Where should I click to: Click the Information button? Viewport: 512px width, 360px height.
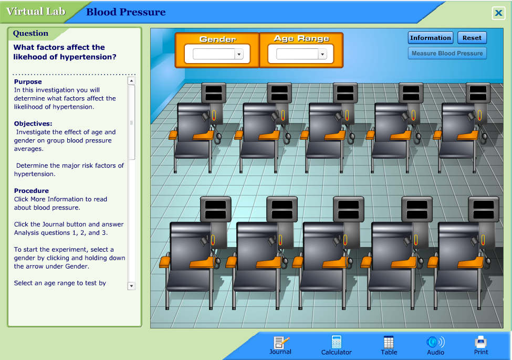click(x=431, y=38)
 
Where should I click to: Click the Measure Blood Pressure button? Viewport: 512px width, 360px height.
click(x=447, y=53)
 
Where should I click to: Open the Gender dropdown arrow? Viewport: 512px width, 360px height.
click(x=239, y=54)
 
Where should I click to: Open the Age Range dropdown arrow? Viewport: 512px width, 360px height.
click(x=322, y=54)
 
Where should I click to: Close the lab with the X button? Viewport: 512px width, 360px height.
click(x=498, y=14)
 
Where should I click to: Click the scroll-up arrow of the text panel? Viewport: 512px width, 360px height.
click(x=131, y=81)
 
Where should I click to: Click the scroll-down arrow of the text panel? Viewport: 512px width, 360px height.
click(x=131, y=286)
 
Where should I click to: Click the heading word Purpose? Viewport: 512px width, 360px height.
click(x=28, y=82)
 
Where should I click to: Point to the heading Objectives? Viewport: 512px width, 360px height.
click(x=33, y=124)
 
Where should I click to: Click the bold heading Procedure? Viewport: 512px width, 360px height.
click(x=32, y=191)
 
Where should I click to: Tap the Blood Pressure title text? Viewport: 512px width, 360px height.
click(x=126, y=12)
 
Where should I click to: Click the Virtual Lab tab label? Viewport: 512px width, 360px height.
click(x=36, y=12)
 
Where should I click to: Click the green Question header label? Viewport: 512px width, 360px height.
click(x=30, y=33)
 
